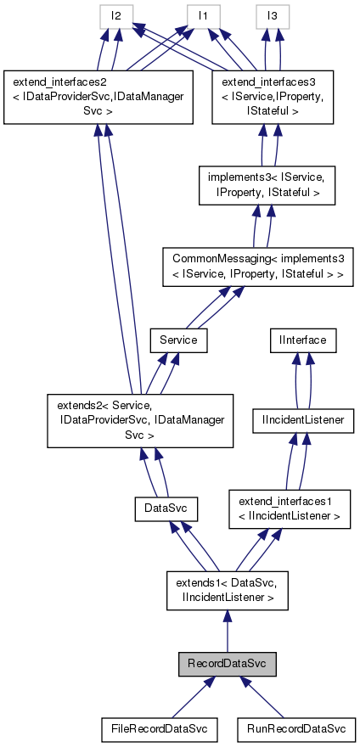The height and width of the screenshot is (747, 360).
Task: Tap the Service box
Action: pos(178,340)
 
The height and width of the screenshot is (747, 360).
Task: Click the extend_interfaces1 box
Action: pos(290,508)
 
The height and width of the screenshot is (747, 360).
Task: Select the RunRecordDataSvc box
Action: pos(296,728)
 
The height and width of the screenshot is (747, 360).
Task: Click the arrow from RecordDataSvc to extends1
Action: pos(226,632)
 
